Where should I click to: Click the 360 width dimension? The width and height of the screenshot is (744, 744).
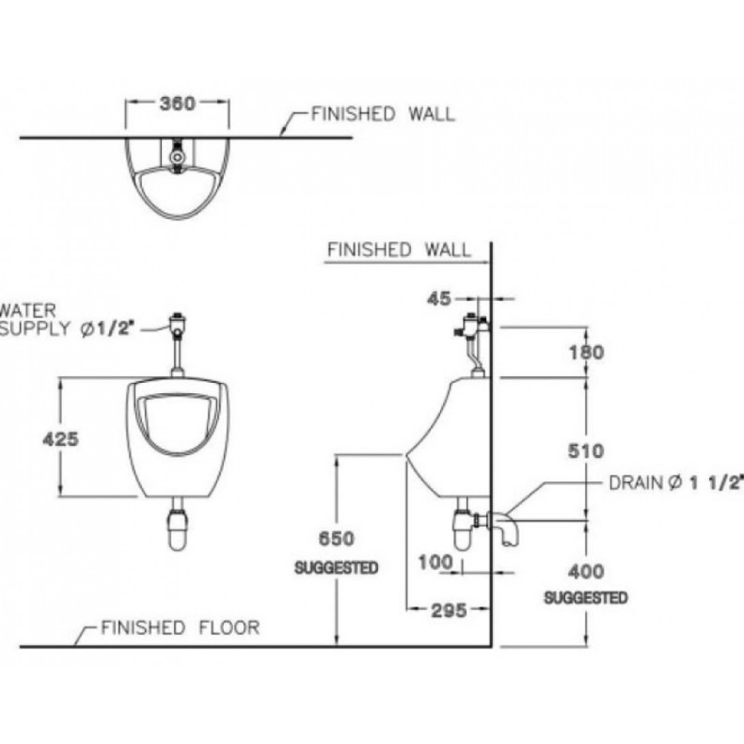(x=177, y=104)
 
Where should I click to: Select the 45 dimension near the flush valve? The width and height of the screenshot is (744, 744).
(x=442, y=298)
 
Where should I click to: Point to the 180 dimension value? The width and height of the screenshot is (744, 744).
(x=586, y=352)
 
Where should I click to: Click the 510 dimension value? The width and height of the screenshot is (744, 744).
(x=586, y=451)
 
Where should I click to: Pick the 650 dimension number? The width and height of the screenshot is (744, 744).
(x=337, y=539)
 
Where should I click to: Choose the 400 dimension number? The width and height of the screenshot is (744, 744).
(x=586, y=571)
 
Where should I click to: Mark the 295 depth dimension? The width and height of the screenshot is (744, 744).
(x=448, y=610)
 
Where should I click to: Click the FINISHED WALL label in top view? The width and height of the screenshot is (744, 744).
(x=382, y=114)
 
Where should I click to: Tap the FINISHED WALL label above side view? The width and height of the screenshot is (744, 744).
(x=399, y=250)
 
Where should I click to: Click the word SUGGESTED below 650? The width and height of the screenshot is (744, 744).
(x=337, y=568)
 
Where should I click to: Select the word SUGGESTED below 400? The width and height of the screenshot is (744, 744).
(x=586, y=598)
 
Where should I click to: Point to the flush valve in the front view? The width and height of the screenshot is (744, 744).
(x=177, y=324)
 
